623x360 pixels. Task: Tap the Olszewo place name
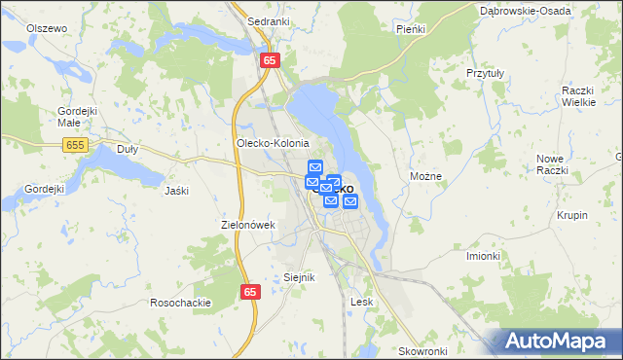point(47,28)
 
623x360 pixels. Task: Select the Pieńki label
point(412,29)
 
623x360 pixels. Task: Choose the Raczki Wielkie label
point(578,95)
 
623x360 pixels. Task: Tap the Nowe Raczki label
point(551,163)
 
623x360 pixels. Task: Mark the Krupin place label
point(572,215)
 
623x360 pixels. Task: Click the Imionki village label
point(483,256)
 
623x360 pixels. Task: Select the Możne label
point(426,177)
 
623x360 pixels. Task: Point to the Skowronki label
point(422,350)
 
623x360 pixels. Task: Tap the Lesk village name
point(362,302)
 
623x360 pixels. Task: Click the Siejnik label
point(299,277)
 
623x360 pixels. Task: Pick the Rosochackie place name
point(180,302)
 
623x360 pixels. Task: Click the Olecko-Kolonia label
point(273,142)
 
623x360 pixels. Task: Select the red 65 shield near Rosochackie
point(250,292)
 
